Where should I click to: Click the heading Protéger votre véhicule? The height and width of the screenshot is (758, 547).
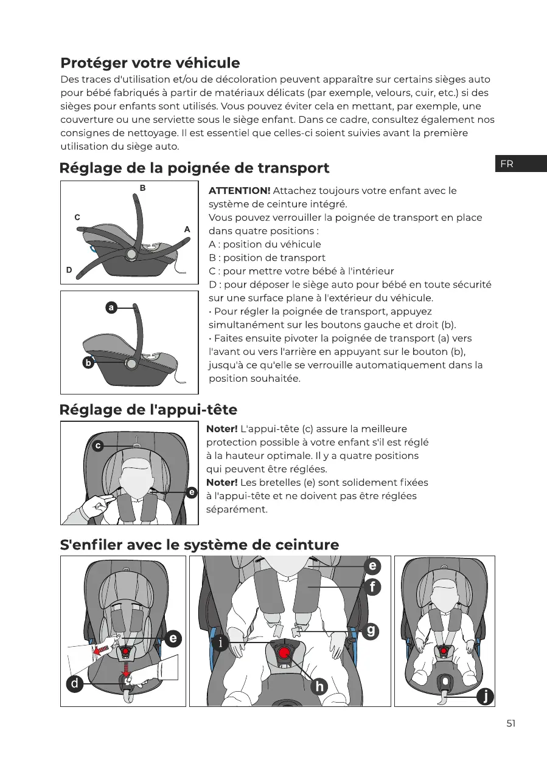pyautogui.click(x=150, y=63)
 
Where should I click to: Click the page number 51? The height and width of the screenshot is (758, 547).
pyautogui.click(x=510, y=723)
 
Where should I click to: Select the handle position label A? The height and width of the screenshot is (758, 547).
pyautogui.click(x=187, y=229)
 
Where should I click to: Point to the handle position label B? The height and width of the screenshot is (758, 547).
pyautogui.click(x=142, y=188)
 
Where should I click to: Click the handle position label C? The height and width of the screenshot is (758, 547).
pyautogui.click(x=77, y=216)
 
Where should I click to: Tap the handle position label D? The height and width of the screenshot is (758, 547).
pyautogui.click(x=69, y=269)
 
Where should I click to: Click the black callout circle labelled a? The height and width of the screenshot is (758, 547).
pyautogui.click(x=111, y=308)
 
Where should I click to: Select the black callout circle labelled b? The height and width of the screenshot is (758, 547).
pyautogui.click(x=88, y=363)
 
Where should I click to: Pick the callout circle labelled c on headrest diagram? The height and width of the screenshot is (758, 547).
pyautogui.click(x=97, y=446)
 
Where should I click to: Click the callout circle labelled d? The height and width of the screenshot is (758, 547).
pyautogui.click(x=74, y=684)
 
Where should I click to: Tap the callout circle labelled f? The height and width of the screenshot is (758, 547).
pyautogui.click(x=372, y=588)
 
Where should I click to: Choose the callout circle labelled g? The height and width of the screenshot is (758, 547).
pyautogui.click(x=371, y=630)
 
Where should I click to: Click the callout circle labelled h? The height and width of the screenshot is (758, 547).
pyautogui.click(x=319, y=686)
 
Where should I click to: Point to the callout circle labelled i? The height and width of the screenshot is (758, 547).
pyautogui.click(x=220, y=643)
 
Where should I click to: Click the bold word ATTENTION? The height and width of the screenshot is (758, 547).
pyautogui.click(x=239, y=191)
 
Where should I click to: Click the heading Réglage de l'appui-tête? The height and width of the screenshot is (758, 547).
pyautogui.click(x=148, y=410)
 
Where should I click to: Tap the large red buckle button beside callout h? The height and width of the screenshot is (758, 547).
pyautogui.click(x=285, y=654)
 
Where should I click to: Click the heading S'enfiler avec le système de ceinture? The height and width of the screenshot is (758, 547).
pyautogui.click(x=200, y=545)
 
